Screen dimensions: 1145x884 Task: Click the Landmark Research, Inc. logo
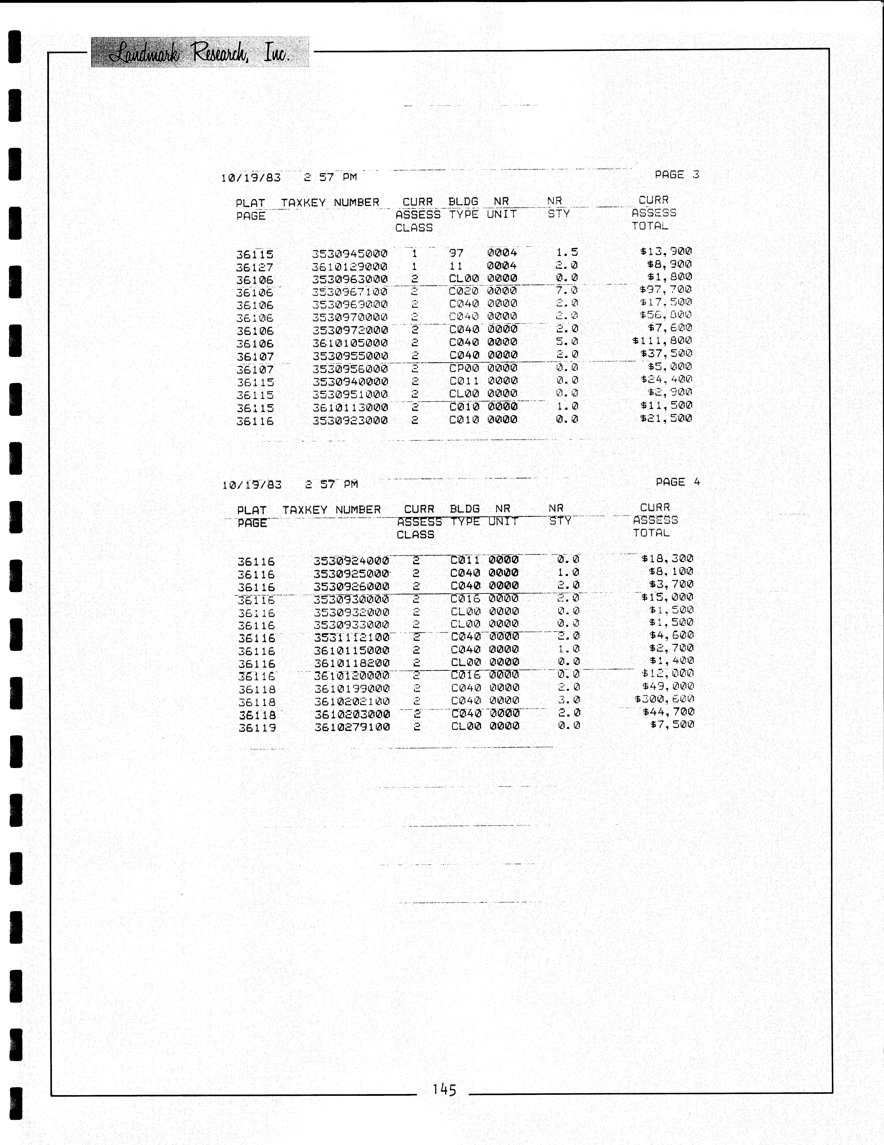pyautogui.click(x=200, y=52)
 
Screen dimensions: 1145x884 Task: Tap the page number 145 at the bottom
pyautogui.click(x=444, y=1090)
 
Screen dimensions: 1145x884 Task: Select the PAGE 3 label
pyautogui.click(x=676, y=175)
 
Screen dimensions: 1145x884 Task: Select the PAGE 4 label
pyautogui.click(x=677, y=482)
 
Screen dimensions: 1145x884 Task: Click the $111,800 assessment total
pyautogui.click(x=662, y=341)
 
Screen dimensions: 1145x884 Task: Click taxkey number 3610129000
pyautogui.click(x=349, y=266)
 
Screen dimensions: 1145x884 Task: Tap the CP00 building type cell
pyautogui.click(x=464, y=368)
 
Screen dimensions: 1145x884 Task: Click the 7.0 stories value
pyautogui.click(x=567, y=290)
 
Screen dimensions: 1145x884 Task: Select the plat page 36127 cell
pyautogui.click(x=255, y=267)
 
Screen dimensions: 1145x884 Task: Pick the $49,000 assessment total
pyautogui.click(x=668, y=686)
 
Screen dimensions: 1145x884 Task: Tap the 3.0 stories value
pyautogui.click(x=569, y=700)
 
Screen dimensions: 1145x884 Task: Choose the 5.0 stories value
pyautogui.click(x=567, y=341)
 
